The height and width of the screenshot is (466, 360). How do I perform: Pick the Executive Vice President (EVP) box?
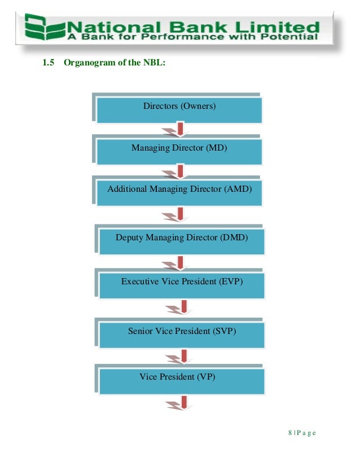[x=182, y=282]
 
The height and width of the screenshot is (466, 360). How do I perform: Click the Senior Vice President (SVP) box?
[x=182, y=332]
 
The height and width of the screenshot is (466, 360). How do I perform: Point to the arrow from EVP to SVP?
[x=182, y=307]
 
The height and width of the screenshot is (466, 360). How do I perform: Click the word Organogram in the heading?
[x=90, y=63]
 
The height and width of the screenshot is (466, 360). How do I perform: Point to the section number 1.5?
[x=49, y=63]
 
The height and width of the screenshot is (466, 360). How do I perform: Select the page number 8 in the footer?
[x=289, y=433]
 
